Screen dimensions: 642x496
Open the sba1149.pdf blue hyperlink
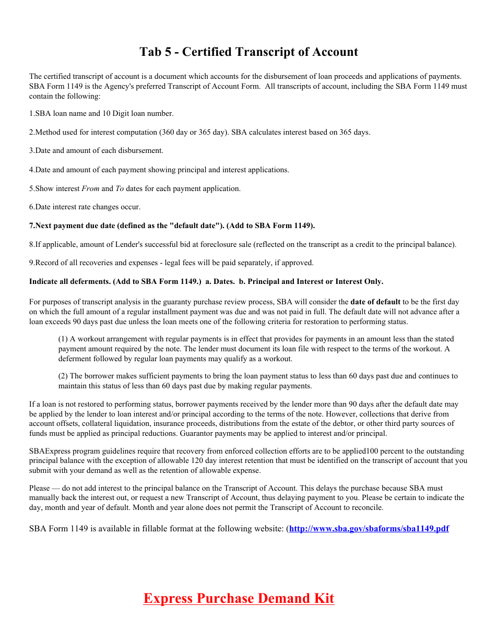pos(369,528)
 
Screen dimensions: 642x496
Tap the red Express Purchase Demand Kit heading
pos(239,598)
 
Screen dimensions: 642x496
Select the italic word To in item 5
pos(120,188)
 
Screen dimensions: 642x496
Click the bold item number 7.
pos(31,225)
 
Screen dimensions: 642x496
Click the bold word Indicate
pos(44,281)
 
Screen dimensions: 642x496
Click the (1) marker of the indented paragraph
pos(63,339)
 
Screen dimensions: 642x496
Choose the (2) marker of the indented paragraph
pos(63,376)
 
